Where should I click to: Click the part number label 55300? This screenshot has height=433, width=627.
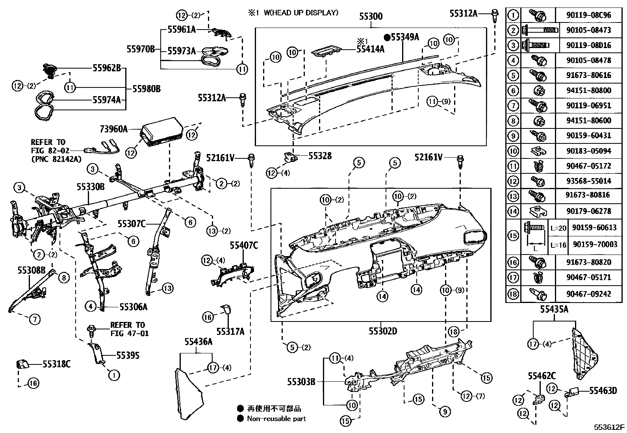371,17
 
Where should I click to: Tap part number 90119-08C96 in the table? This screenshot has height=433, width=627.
589,15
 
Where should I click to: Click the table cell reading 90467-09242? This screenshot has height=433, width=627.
589,294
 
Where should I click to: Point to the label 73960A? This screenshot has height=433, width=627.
113,129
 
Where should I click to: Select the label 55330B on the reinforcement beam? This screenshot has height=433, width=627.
90,187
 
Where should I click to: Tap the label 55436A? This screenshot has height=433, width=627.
198,342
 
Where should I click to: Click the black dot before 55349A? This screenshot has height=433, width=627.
387,37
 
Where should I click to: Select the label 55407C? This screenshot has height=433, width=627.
244,246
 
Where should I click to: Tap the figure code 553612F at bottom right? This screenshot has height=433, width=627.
609,427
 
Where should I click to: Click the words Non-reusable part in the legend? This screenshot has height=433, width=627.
276,419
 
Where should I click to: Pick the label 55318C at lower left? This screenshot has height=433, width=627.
56,364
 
